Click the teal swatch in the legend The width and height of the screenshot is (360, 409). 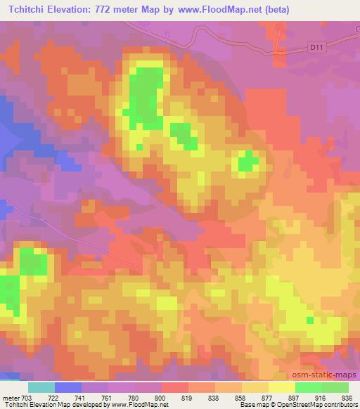[x=41, y=387]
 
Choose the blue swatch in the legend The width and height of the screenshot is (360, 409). [x=68, y=387]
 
